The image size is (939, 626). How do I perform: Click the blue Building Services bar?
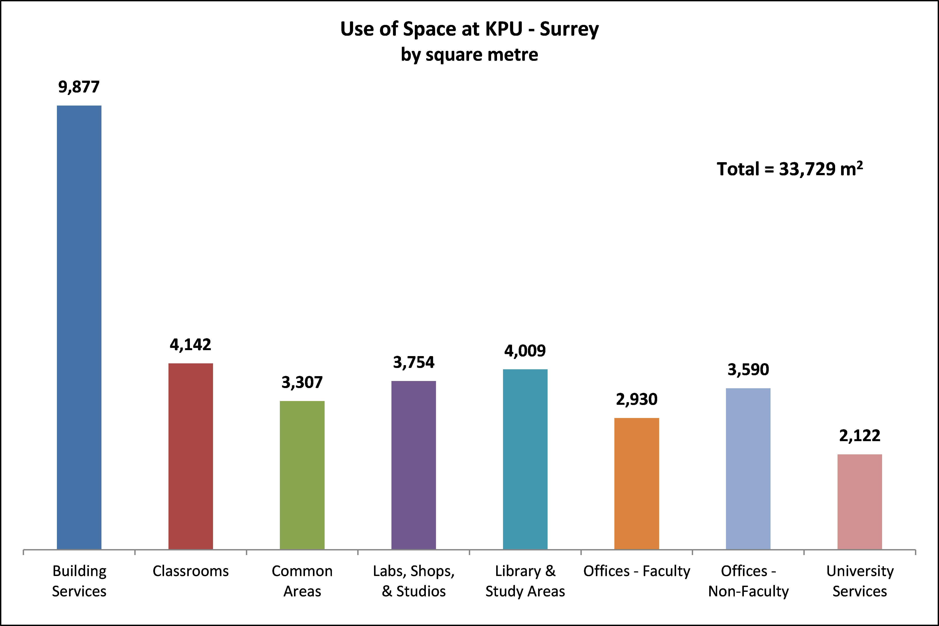tap(79, 327)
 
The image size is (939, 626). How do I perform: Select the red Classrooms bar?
tap(191, 456)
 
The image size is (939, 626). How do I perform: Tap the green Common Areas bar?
tap(302, 475)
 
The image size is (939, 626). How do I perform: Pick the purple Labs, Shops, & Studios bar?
tap(413, 465)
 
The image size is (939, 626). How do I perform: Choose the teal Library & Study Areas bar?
tap(525, 459)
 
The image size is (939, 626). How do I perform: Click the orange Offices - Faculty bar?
tap(636, 483)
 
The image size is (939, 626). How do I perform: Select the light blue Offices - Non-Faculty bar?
tap(748, 469)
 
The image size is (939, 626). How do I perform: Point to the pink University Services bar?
tap(859, 502)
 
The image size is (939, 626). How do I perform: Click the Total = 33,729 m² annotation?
tap(789, 169)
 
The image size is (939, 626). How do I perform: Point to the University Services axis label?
tap(859, 581)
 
